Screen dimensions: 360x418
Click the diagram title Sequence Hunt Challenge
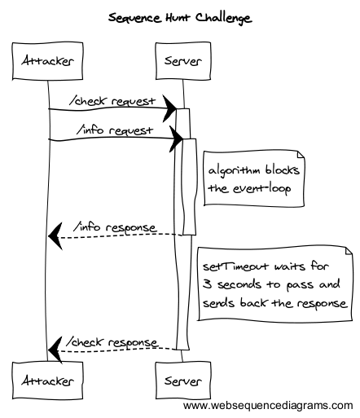click(x=180, y=18)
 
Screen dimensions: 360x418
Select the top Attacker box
click(x=47, y=61)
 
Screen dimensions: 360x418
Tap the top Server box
click(x=183, y=61)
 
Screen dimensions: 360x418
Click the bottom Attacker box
click(x=47, y=381)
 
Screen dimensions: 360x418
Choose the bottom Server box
click(x=183, y=381)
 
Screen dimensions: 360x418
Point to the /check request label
click(x=112, y=101)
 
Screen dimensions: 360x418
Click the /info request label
click(x=115, y=130)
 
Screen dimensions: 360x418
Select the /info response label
click(x=115, y=227)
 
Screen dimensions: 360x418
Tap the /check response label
click(x=112, y=342)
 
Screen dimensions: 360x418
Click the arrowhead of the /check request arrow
click(x=170, y=108)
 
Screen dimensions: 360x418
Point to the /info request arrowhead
click(x=176, y=139)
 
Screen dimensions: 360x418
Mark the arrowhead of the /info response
click(x=55, y=236)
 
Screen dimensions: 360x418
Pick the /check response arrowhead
click(x=55, y=350)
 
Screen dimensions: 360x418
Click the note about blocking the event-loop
click(x=254, y=178)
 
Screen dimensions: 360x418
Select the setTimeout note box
click(x=274, y=284)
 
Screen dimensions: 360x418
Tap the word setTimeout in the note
click(x=235, y=266)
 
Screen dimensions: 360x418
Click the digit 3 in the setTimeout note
click(x=208, y=284)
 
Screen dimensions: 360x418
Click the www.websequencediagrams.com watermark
click(x=268, y=406)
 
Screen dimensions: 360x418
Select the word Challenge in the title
click(x=224, y=19)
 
